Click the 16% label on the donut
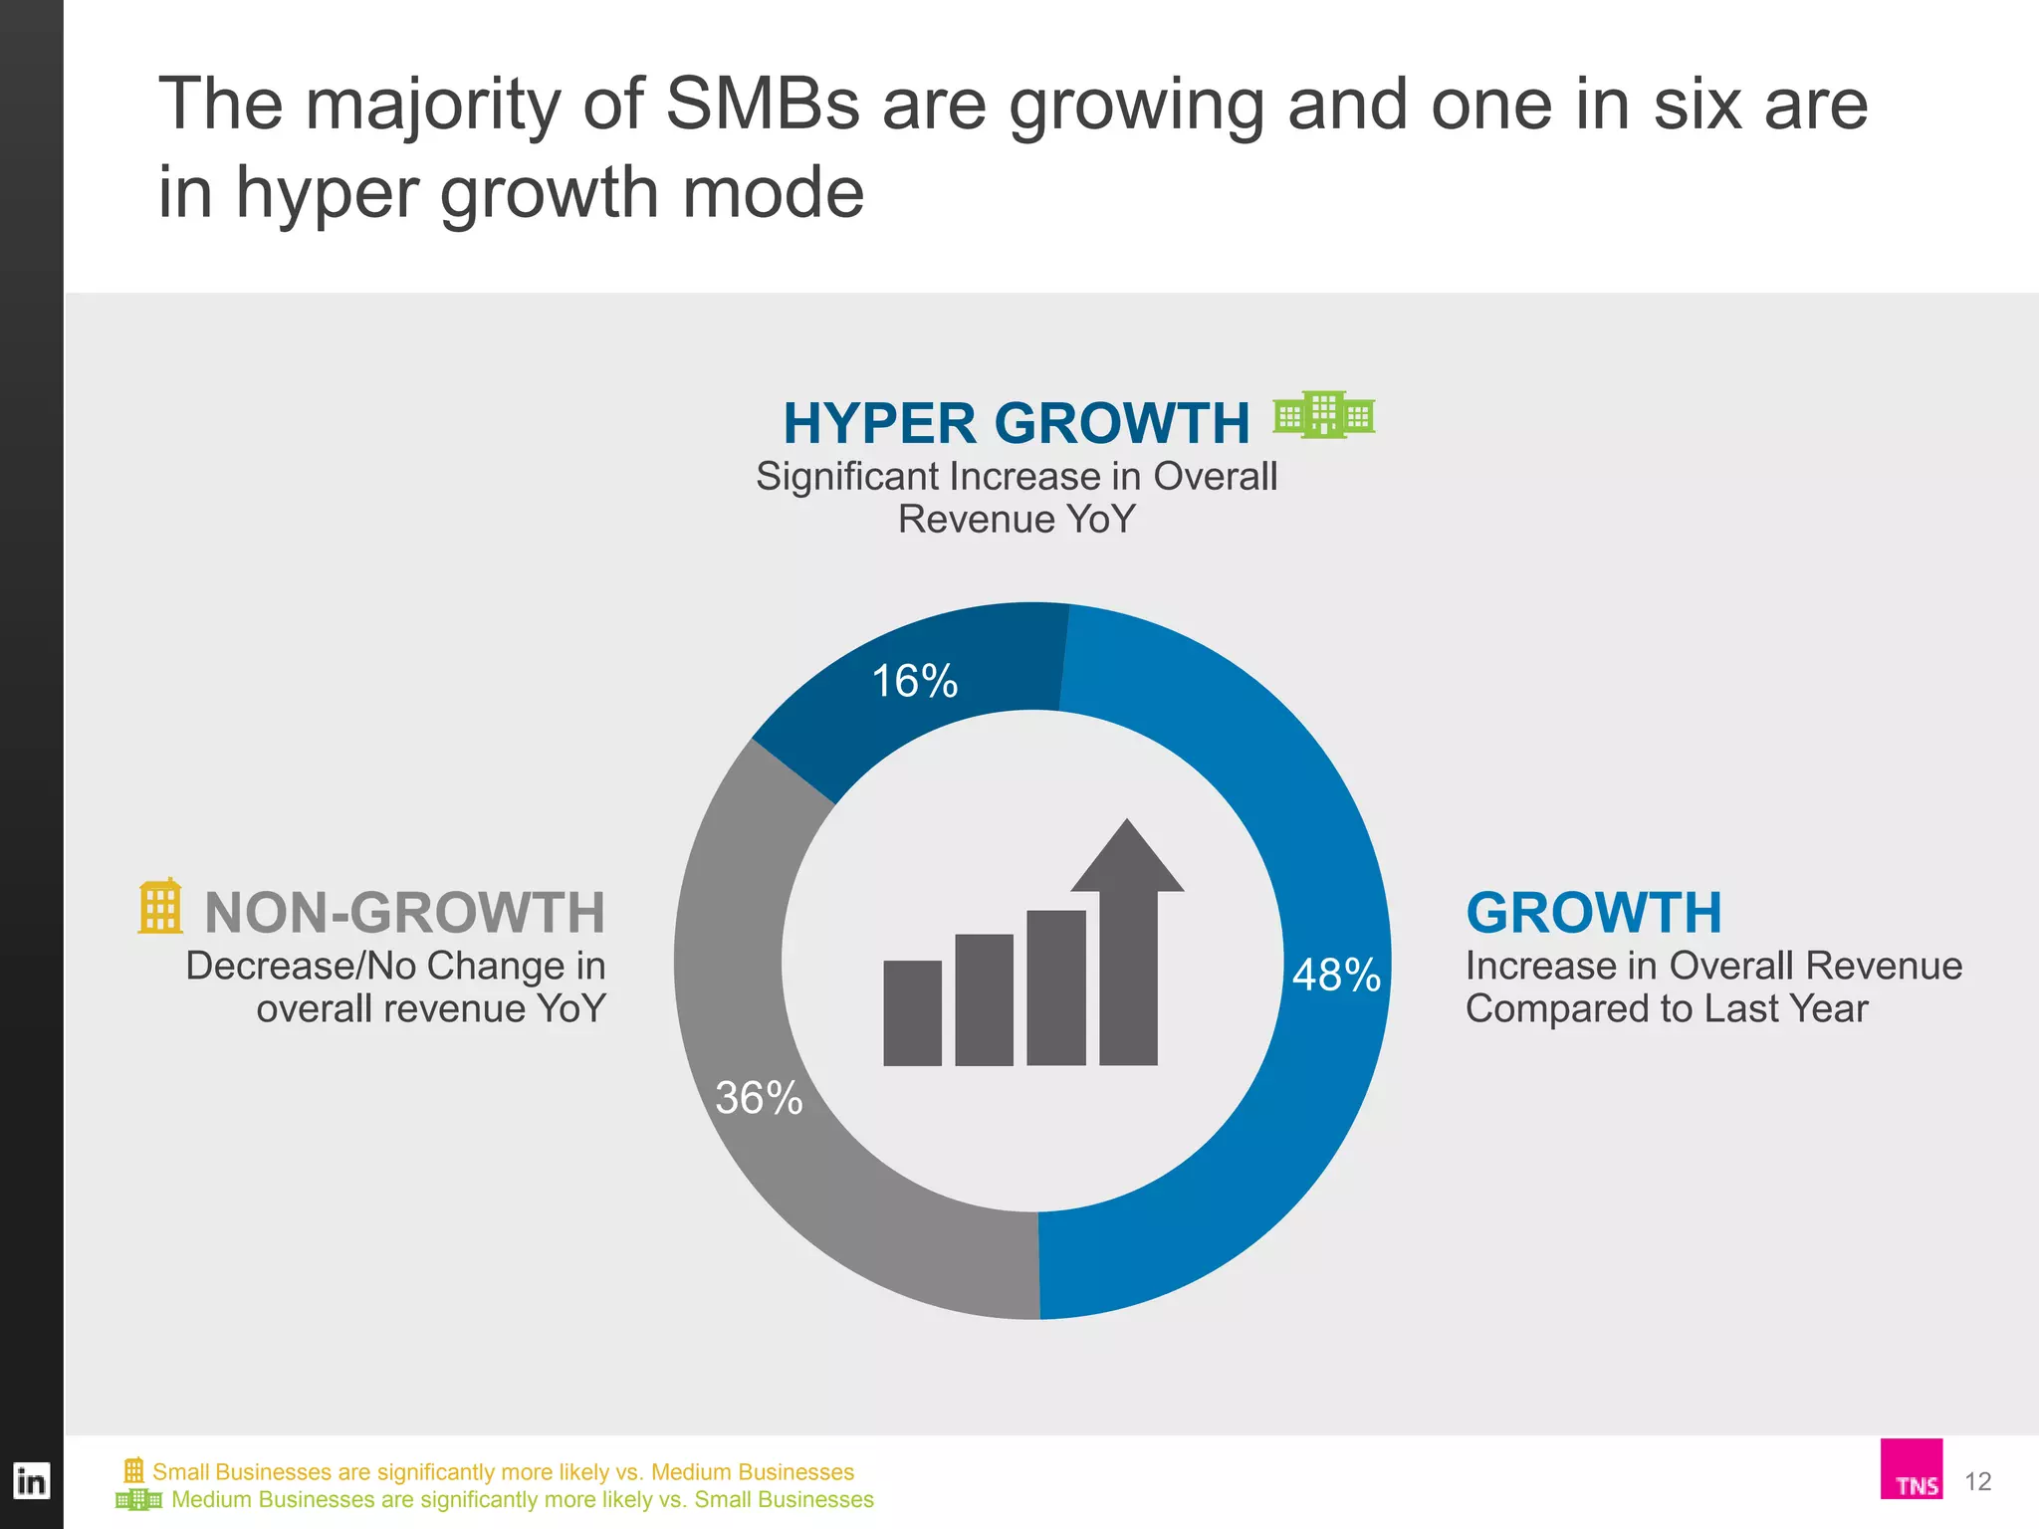point(914,682)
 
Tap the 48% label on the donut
point(1336,975)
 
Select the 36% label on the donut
point(759,1098)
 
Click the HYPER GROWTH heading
point(1016,423)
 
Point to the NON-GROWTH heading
point(404,912)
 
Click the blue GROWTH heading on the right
point(1593,912)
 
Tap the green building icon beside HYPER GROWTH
point(1324,414)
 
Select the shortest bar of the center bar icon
point(912,1013)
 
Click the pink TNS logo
point(1911,1469)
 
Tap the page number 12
point(1977,1481)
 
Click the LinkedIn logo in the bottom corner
point(31,1481)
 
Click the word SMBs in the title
point(762,104)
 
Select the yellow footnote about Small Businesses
point(503,1471)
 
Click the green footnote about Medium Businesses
point(522,1499)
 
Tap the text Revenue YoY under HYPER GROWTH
point(1016,520)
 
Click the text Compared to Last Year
point(1666,1008)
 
